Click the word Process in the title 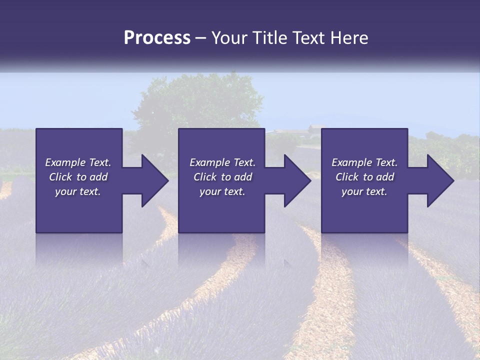(x=157, y=38)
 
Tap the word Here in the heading (x=349, y=38)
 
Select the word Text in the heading (x=308, y=38)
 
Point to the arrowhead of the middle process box (x=297, y=180)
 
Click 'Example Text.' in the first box (x=78, y=162)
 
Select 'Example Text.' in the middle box (x=222, y=162)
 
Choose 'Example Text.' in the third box (x=364, y=162)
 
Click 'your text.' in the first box (x=78, y=191)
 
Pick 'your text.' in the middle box (x=222, y=191)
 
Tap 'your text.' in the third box (x=364, y=191)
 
